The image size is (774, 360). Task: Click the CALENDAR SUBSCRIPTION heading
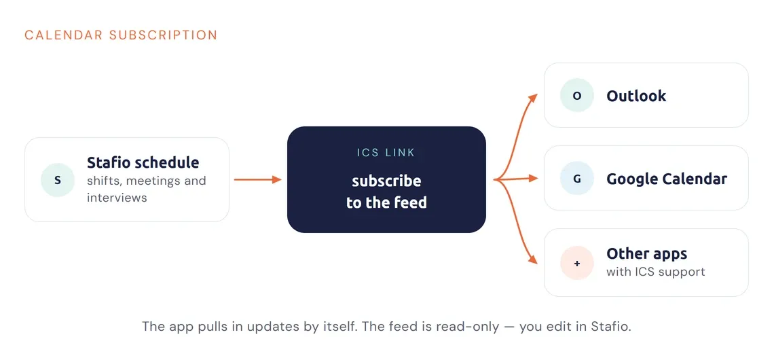pyautogui.click(x=121, y=35)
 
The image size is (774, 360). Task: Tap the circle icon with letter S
pyautogui.click(x=58, y=180)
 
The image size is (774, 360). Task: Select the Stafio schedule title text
pyautogui.click(x=143, y=162)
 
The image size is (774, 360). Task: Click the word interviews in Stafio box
pyautogui.click(x=117, y=198)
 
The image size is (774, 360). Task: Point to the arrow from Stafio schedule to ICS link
pyautogui.click(x=257, y=180)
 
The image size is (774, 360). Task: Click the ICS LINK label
pyautogui.click(x=386, y=153)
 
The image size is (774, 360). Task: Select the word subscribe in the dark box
pyautogui.click(x=386, y=181)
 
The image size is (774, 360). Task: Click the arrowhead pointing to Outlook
pyautogui.click(x=532, y=96)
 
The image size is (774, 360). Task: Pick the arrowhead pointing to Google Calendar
pyautogui.click(x=532, y=178)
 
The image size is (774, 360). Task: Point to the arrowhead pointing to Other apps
pyautogui.click(x=532, y=259)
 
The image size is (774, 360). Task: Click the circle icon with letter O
pyautogui.click(x=577, y=96)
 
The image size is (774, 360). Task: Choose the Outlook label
pyautogui.click(x=636, y=96)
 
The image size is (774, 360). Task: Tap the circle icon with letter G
pyautogui.click(x=577, y=179)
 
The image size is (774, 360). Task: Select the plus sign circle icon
pyautogui.click(x=577, y=264)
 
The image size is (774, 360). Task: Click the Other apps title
pyautogui.click(x=646, y=254)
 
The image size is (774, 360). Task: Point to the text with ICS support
pyautogui.click(x=656, y=272)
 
